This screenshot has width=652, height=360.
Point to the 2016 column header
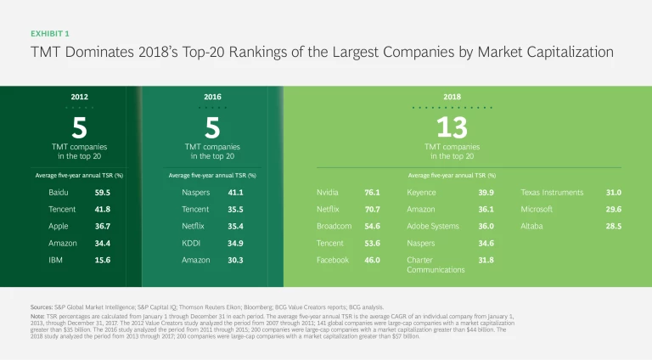point(212,98)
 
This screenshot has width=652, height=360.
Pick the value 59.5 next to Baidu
point(103,193)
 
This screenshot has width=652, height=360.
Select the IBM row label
point(55,260)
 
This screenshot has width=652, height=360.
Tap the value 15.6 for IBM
point(103,260)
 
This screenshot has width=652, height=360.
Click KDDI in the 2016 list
point(191,243)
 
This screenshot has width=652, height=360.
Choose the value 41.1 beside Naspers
point(234,193)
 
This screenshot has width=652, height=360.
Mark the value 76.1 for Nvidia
point(372,193)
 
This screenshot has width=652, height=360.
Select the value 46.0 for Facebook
point(372,260)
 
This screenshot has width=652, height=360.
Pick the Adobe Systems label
point(433,226)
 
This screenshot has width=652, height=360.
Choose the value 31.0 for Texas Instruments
point(614,193)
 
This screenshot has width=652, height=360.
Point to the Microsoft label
point(537,209)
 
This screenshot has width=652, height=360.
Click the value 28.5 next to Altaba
point(614,226)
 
